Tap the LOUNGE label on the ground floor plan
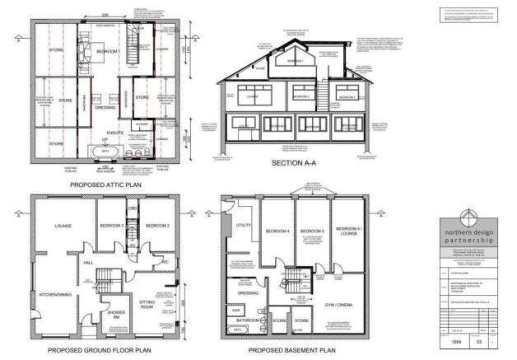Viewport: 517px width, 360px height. pos(63,225)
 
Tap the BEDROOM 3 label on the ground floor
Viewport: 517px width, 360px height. pos(112,225)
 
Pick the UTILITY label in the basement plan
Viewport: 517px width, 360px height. pos(244,224)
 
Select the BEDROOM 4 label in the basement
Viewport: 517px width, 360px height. pos(276,230)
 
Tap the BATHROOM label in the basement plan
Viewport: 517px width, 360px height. pos(246,319)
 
